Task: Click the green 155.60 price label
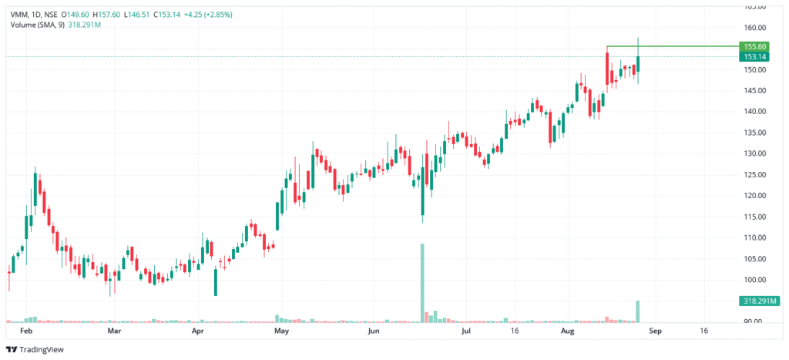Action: [x=751, y=46]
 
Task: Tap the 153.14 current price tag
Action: [x=751, y=57]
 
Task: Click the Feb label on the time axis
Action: [x=25, y=331]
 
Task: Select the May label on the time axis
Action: [x=280, y=331]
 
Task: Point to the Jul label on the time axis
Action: [x=465, y=331]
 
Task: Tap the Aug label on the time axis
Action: [x=568, y=331]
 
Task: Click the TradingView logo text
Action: [x=42, y=349]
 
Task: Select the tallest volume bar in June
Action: [x=422, y=282]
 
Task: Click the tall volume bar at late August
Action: [x=638, y=311]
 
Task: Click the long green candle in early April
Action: [x=216, y=281]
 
